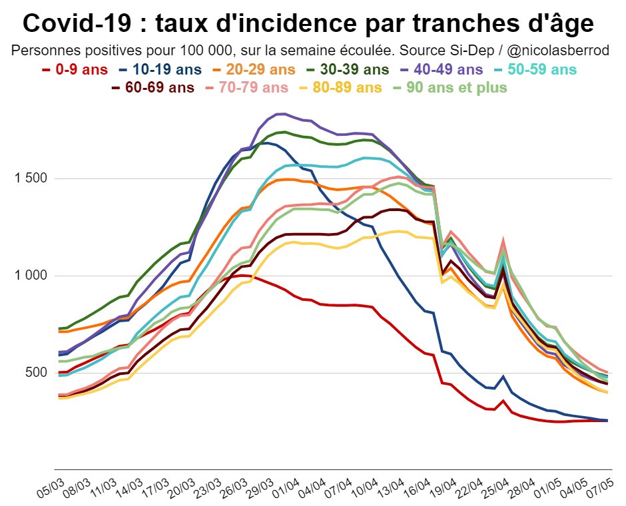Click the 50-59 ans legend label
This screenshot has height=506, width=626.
(x=538, y=69)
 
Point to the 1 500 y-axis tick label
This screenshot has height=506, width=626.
(x=29, y=178)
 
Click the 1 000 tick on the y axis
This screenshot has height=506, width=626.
(x=29, y=276)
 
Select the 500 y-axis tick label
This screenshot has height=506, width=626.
(x=34, y=373)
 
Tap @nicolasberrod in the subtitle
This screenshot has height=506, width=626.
(x=561, y=51)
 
